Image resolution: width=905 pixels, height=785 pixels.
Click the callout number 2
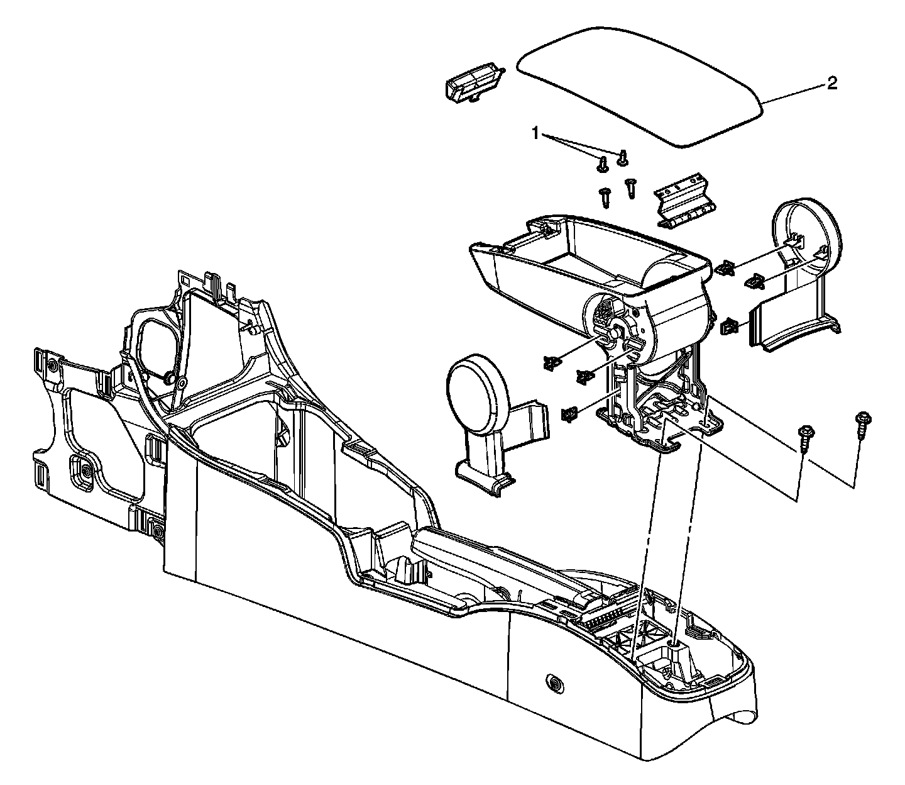coord(832,83)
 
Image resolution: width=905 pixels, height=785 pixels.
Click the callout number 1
coord(535,133)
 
